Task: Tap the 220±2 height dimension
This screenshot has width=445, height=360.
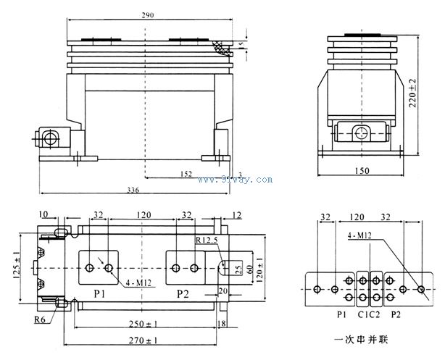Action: (413, 92)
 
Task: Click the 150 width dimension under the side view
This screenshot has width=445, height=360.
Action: (362, 171)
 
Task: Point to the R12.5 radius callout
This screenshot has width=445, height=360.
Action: (207, 239)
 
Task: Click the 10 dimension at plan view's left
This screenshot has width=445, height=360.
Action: (45, 214)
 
